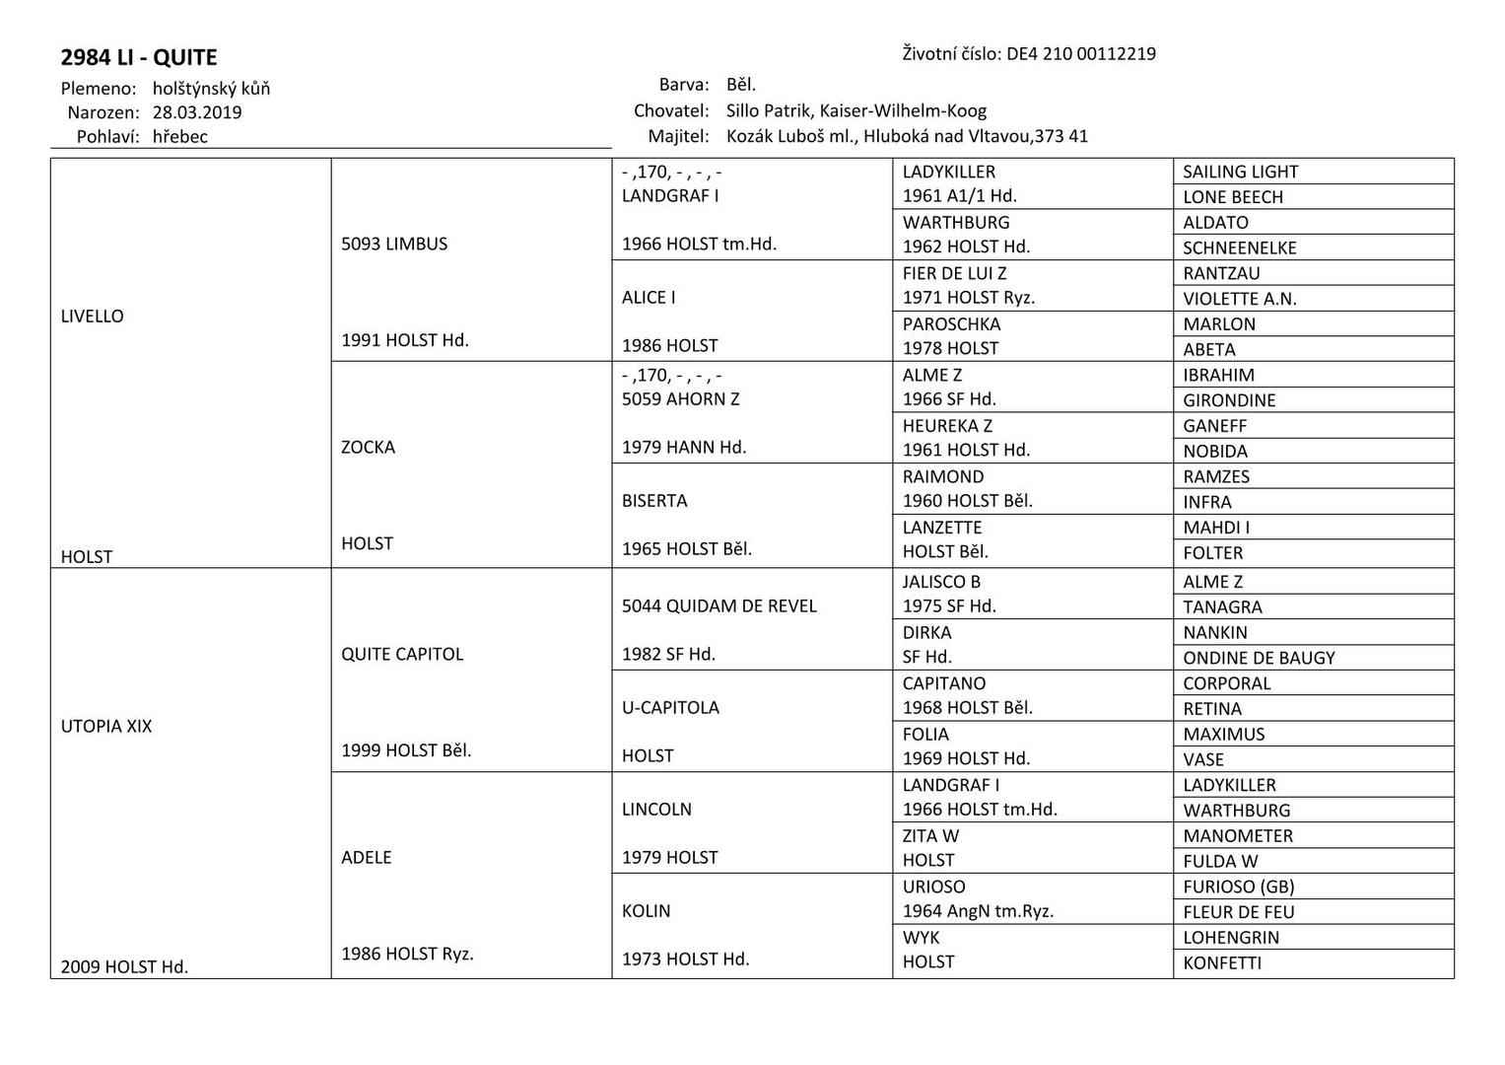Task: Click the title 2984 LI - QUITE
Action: coord(139,57)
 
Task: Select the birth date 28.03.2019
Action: coord(197,112)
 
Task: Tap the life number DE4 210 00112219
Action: coord(1080,54)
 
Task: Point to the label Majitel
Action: coord(678,136)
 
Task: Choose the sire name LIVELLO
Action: coord(93,317)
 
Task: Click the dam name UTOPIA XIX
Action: coord(106,727)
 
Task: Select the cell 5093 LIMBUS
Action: coord(394,244)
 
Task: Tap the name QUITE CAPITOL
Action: coord(402,654)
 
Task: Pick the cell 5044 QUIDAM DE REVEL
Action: coord(719,606)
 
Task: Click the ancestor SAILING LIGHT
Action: coord(1240,172)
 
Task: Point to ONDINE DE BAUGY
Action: coord(1259,658)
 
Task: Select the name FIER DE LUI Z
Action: coord(954,273)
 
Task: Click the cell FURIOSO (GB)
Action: coord(1238,887)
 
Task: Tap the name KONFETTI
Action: coord(1222,963)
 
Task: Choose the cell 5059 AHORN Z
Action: coord(680,399)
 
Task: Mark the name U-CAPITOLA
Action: coord(670,708)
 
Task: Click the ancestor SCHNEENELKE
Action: coord(1239,248)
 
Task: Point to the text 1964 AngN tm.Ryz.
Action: coord(978,911)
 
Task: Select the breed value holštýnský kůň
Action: coord(211,89)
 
